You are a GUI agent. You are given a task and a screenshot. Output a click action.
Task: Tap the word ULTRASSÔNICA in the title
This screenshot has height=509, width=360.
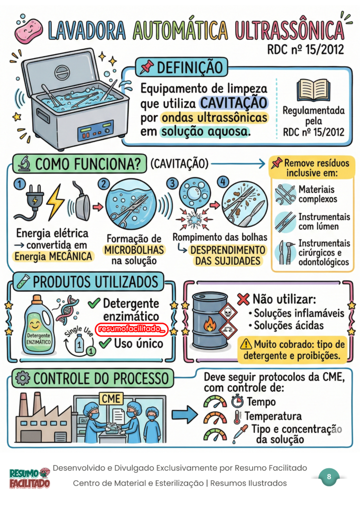point(289,30)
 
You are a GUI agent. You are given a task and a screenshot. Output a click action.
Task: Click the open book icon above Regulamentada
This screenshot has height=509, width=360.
point(313,90)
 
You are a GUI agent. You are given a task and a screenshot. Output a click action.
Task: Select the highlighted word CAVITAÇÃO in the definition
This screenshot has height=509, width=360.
point(233,103)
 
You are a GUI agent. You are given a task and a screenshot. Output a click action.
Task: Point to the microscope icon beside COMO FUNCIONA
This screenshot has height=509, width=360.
point(24,164)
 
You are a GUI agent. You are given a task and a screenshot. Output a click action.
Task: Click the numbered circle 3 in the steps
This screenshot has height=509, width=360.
point(173,183)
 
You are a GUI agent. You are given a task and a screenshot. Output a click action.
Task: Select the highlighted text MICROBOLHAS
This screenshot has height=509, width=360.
point(134,250)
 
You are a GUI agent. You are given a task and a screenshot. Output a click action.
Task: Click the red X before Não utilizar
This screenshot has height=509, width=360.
point(243,299)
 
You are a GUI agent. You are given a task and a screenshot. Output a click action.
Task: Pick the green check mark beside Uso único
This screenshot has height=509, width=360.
point(105,343)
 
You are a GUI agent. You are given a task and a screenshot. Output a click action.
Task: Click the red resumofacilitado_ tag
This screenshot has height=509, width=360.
point(131,329)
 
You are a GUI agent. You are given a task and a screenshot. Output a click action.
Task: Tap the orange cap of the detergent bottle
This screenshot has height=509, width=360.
point(37,299)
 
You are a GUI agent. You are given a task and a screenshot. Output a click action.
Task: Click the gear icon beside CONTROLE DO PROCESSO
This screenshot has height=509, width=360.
point(23,378)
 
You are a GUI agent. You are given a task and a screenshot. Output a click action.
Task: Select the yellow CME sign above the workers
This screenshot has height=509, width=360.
point(111,399)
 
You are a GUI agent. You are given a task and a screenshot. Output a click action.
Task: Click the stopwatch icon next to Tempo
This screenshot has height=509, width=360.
point(237,401)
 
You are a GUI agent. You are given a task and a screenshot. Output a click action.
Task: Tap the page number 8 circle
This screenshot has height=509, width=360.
point(329,477)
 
